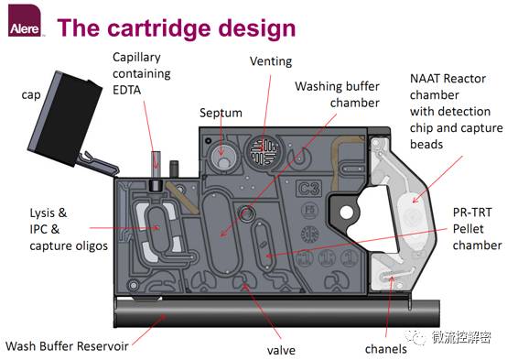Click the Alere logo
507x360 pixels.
pos(25,20)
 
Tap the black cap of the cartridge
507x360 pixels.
pos(65,118)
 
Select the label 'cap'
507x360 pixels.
pos(31,95)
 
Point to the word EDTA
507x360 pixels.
pos(126,90)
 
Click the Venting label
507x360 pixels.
pos(271,61)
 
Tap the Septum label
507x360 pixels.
pos(221,113)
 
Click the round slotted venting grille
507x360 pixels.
pos(264,150)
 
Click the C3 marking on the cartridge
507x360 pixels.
pos(308,188)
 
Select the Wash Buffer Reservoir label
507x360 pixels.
pos(67,346)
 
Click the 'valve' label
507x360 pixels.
pos(281,350)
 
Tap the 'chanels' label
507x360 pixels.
pos(386,349)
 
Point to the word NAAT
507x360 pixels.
pos(425,79)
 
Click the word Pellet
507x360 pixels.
pos(469,229)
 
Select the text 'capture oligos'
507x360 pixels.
pos(69,246)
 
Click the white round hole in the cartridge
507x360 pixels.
pos(347,213)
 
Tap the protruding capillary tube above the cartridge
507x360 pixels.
pos(156,163)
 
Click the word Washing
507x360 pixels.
pos(316,87)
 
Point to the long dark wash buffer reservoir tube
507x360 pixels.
pos(277,313)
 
